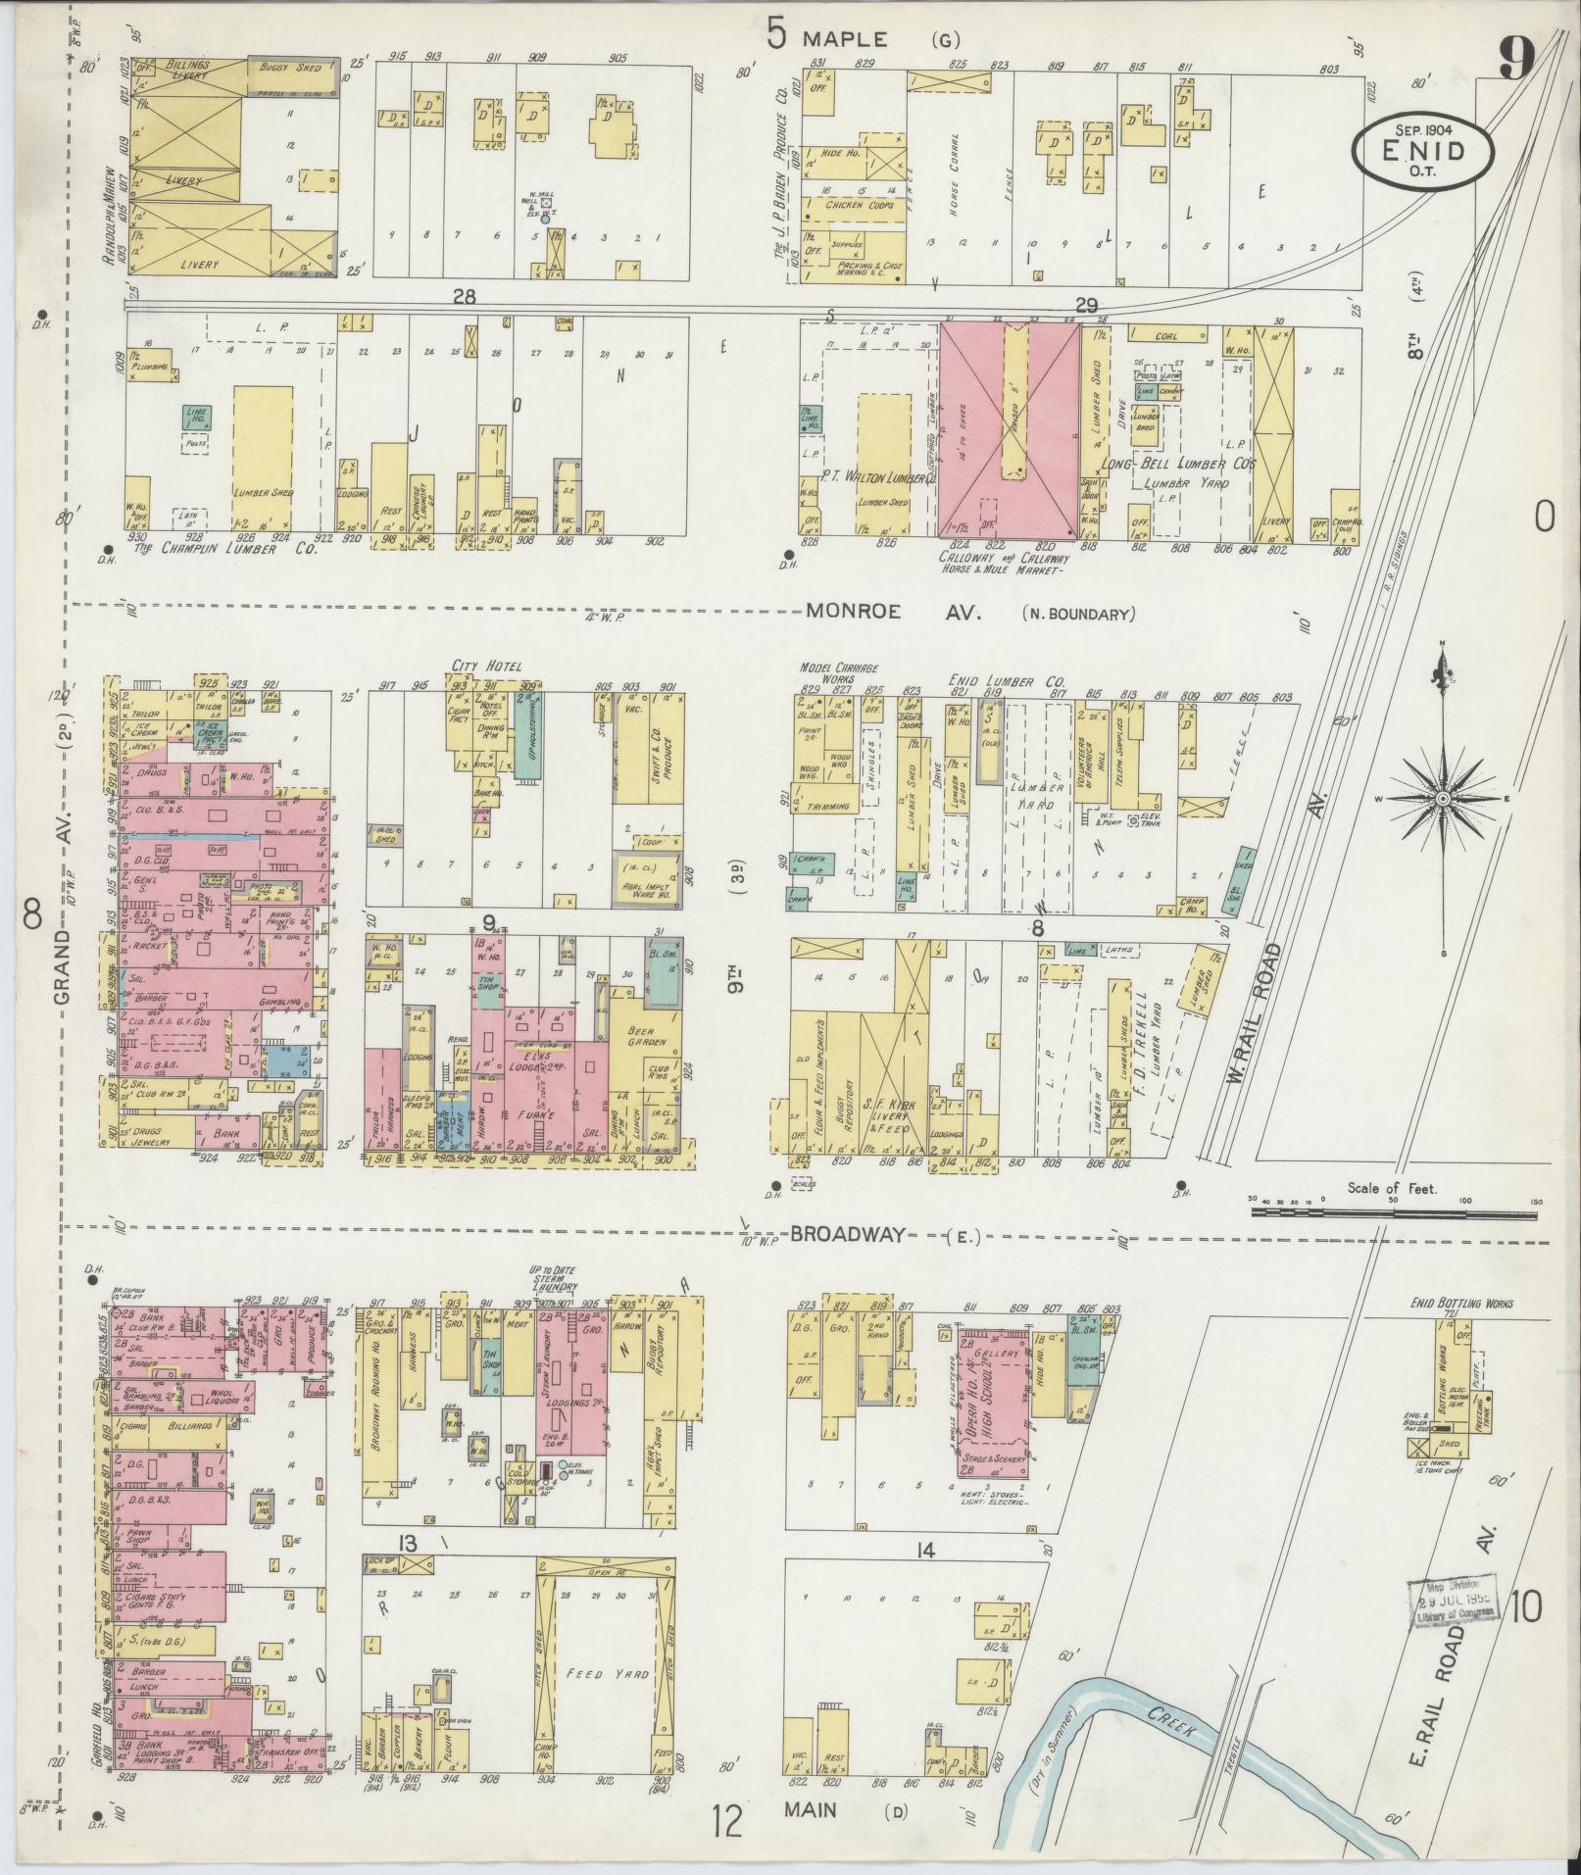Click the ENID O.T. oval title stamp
[x=1423, y=150]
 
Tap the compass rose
[x=1442, y=800]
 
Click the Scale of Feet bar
[x=1392, y=1211]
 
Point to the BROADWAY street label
[x=848, y=1235]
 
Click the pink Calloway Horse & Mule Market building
[x=1010, y=431]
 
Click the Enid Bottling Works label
[x=1448, y=1303]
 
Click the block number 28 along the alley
[x=464, y=297]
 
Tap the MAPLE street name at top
[x=844, y=39]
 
